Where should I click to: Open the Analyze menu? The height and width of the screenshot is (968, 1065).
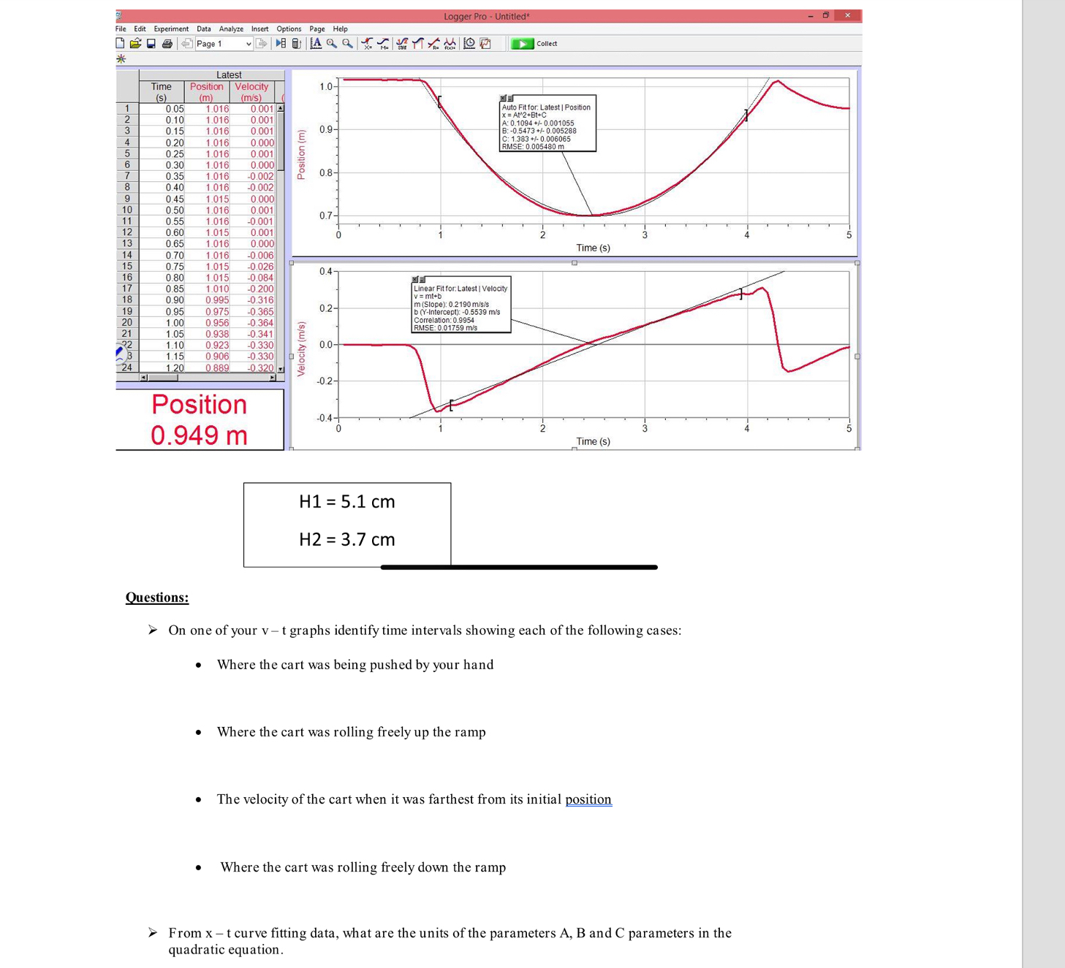(231, 29)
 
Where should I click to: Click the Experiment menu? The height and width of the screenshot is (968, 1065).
(171, 29)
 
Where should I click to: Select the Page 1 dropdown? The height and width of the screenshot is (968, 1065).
(223, 44)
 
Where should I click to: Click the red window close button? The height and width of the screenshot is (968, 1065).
(847, 15)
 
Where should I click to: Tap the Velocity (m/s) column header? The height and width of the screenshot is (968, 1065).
(251, 91)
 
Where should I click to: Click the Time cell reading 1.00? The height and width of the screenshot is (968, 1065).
(175, 323)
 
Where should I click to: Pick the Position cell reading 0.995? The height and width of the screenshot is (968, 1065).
(217, 300)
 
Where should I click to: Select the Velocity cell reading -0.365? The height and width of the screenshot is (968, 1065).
(260, 312)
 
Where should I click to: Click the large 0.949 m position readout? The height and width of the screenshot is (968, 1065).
(199, 435)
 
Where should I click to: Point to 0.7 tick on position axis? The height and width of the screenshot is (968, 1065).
(326, 216)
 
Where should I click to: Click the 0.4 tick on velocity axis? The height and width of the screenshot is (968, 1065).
(325, 272)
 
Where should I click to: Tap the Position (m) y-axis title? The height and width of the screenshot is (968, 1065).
(301, 155)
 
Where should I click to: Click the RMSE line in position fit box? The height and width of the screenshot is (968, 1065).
(533, 147)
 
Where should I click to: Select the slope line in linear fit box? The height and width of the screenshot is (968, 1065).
(451, 305)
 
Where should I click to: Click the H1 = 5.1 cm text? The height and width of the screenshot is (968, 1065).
(346, 502)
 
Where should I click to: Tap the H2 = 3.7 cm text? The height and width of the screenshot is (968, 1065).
(346, 540)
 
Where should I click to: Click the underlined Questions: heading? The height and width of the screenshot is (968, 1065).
(157, 598)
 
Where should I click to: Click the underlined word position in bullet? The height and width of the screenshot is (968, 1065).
(588, 799)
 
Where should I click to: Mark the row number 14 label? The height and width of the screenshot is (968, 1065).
(127, 255)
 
